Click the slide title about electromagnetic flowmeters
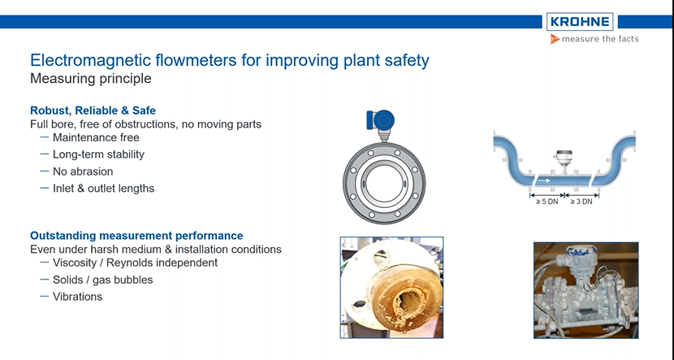pos(230,60)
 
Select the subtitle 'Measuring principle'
pos(90,79)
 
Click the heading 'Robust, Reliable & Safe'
pos(93,111)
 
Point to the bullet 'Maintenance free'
pos(96,137)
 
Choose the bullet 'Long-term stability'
pos(98,154)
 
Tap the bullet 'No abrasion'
pos(83,171)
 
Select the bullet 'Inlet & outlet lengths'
pos(103,189)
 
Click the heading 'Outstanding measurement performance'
pos(136,236)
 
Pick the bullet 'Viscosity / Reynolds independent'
pos(135,262)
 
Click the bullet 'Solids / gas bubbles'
pos(102,280)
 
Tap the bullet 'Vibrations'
pos(77,297)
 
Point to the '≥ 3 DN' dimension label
pos(581,202)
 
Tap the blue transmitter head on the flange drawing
pos(380,119)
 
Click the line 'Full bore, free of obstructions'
pos(145,124)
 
